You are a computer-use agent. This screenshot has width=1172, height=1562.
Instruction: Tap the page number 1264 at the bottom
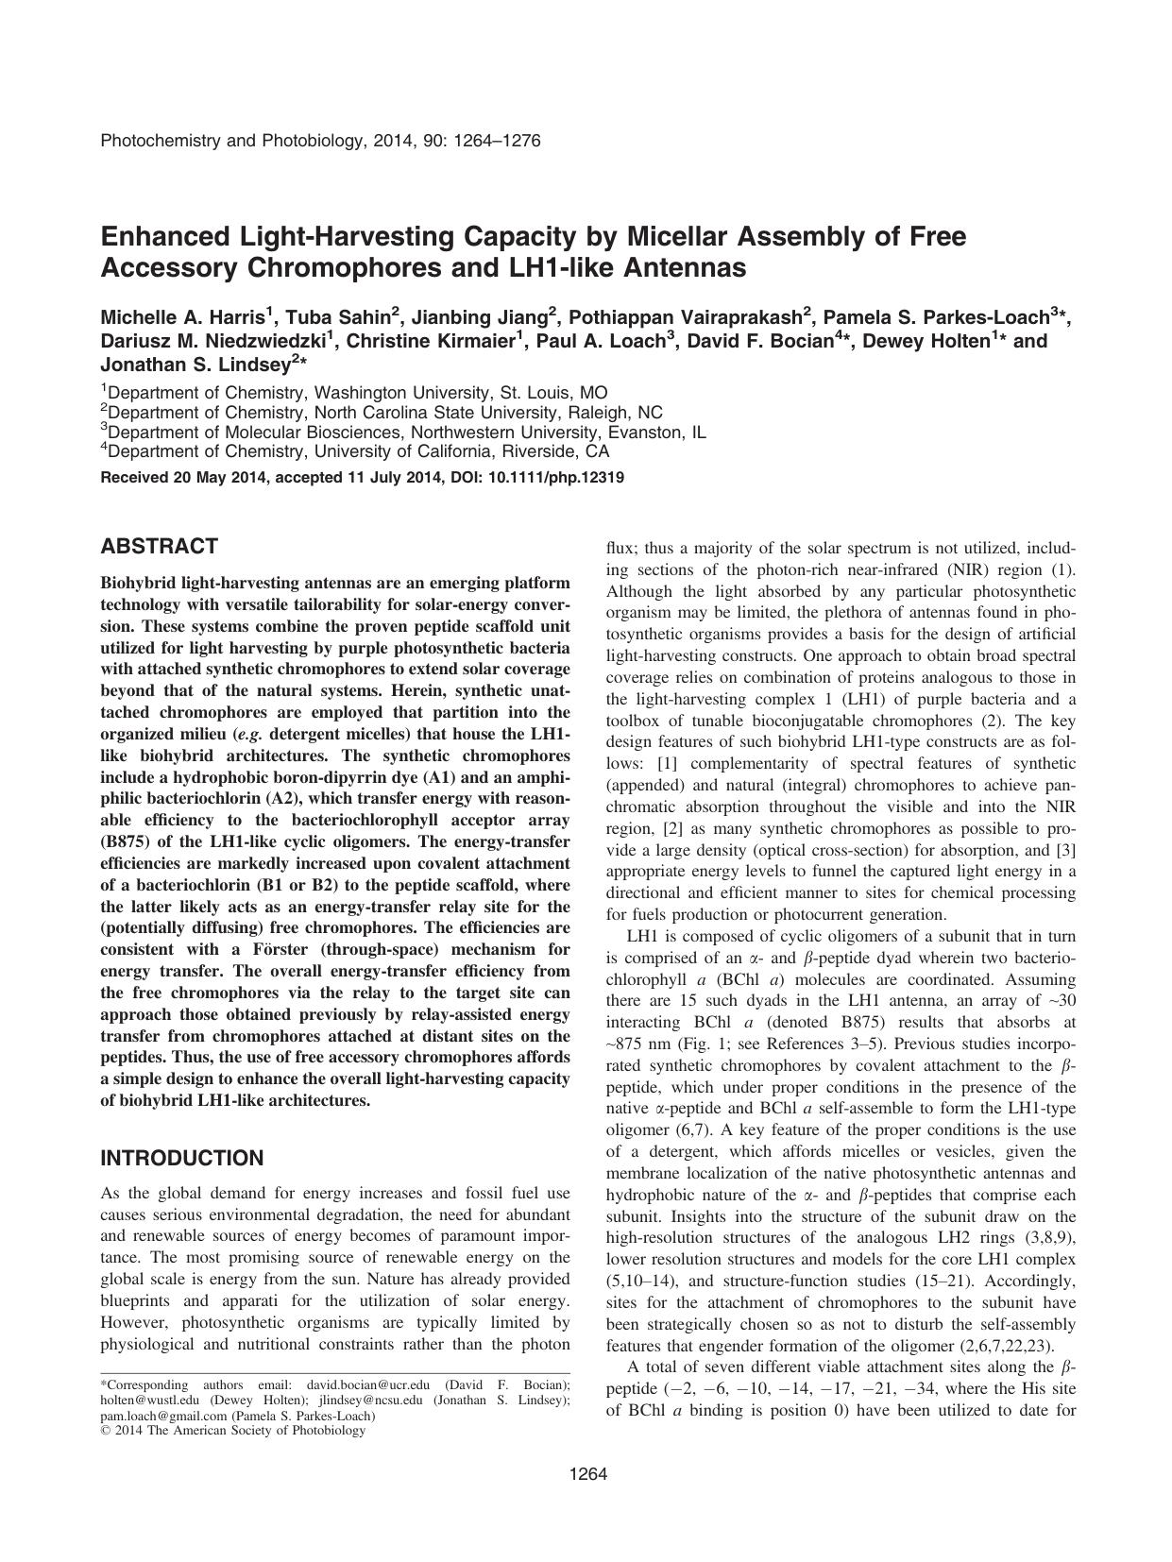click(586, 1475)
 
